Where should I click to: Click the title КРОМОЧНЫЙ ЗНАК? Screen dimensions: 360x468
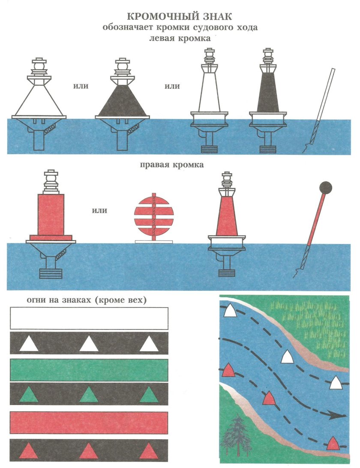tap(180, 16)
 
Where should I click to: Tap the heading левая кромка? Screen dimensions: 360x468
tap(180, 38)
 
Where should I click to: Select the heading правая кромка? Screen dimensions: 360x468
tap(172, 165)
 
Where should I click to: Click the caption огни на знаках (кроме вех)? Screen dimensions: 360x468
tap(87, 300)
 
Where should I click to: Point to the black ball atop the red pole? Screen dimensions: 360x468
tap(326, 187)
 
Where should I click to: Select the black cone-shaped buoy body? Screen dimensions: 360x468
tap(122, 101)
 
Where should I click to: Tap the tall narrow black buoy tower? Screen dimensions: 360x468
tap(268, 92)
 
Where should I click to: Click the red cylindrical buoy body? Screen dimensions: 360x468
tap(51, 214)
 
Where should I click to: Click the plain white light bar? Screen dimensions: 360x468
tap(89, 318)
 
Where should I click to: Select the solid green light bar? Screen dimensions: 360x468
tap(89, 370)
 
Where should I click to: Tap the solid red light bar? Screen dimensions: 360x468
tap(89, 423)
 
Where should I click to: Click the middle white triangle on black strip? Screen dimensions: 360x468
tap(89, 344)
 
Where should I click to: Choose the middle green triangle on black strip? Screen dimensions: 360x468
tap(89, 396)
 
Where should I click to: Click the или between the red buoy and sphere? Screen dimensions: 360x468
tap(99, 211)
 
